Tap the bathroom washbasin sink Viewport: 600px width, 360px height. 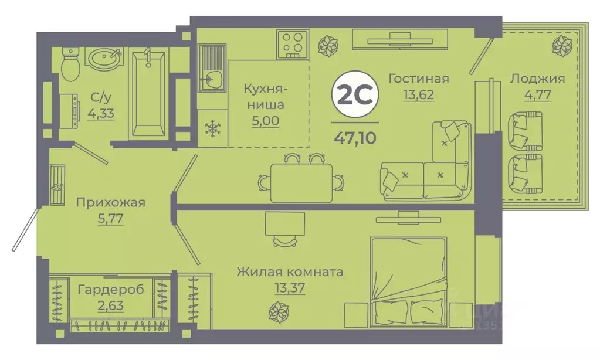coord(106,59)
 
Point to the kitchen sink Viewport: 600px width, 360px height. coord(212,78)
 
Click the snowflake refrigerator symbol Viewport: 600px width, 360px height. coord(211,129)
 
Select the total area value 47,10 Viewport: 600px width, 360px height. coord(355,138)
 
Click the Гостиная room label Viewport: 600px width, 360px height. coord(419,79)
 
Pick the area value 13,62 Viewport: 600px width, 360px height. coord(419,95)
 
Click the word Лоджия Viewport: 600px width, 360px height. coord(537,79)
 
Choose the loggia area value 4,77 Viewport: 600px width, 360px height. coord(537,95)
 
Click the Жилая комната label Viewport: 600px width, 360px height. coord(290,272)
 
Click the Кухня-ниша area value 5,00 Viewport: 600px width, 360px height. coord(265,121)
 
